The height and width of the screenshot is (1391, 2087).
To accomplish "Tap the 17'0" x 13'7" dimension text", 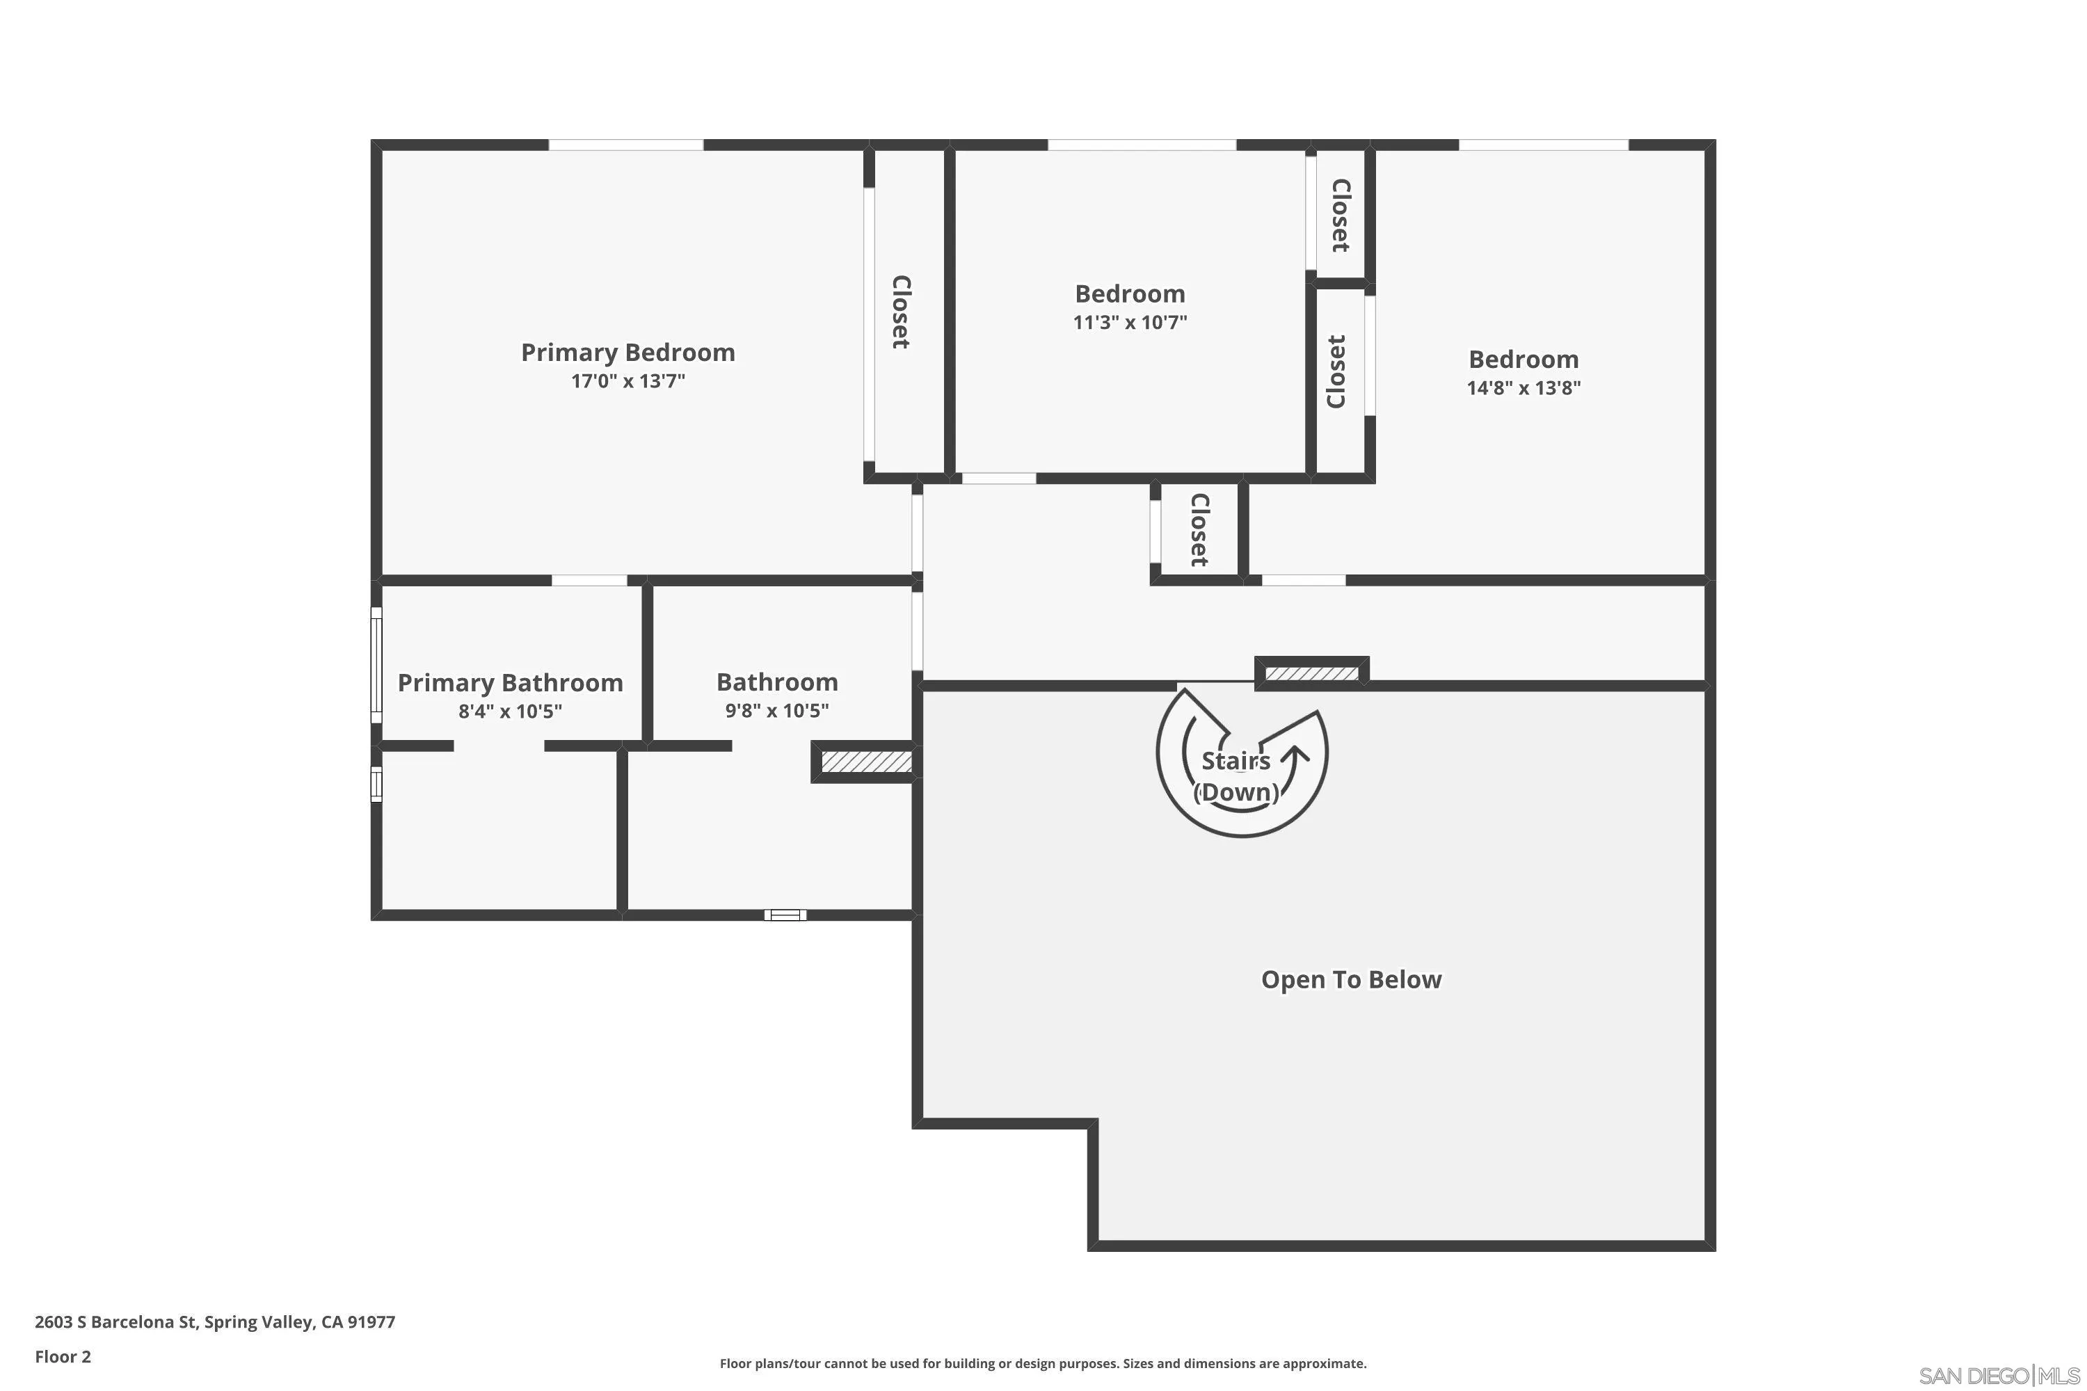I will (x=627, y=381).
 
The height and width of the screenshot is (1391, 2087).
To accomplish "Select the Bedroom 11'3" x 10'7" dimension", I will (x=1130, y=322).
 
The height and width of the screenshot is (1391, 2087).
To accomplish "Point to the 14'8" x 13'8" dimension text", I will (x=1523, y=387).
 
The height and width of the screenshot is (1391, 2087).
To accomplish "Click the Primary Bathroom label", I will (x=509, y=682).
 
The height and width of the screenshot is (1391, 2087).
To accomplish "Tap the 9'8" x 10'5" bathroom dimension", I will (x=776, y=711).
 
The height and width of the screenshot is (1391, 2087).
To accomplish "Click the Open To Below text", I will (x=1350, y=979).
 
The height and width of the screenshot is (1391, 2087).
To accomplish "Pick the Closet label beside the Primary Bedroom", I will (x=901, y=312).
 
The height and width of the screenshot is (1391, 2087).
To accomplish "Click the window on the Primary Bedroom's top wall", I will (x=625, y=145).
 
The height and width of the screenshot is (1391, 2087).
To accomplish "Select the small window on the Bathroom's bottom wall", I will (x=785, y=915).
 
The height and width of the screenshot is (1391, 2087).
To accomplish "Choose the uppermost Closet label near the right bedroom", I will (x=1341, y=215).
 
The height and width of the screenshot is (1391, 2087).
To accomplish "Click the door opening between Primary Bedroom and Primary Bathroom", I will (x=589, y=580).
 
